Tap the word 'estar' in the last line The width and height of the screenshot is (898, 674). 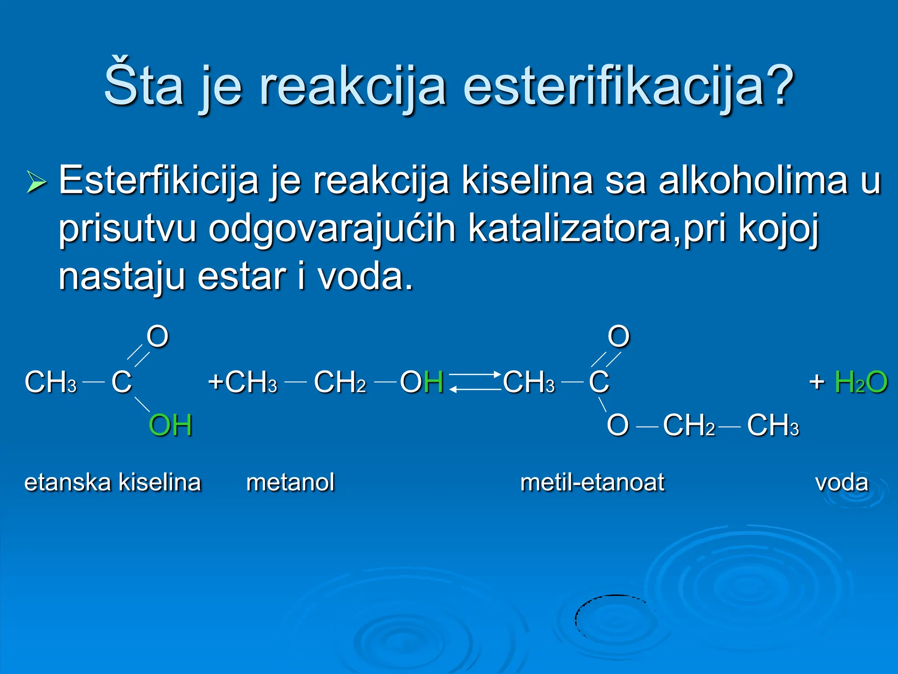coord(242,276)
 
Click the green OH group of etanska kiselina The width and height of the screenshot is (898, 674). coord(171,425)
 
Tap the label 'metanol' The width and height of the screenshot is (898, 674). coord(290,482)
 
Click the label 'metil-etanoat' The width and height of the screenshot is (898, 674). coord(592,482)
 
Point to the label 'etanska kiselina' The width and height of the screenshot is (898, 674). coord(113,482)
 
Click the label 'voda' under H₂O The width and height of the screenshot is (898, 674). coord(841,482)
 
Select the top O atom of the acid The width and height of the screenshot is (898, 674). coord(157,337)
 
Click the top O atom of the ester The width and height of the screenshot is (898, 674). coord(619,337)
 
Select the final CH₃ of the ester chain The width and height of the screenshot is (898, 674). coord(773,425)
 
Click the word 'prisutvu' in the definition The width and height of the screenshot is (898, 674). coord(127,228)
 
